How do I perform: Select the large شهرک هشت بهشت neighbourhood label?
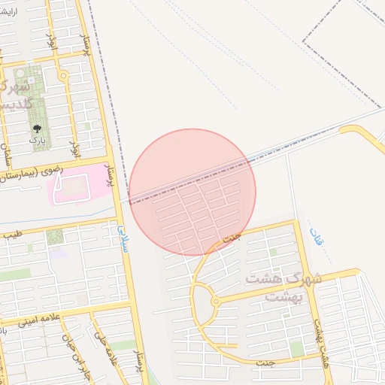point(283,287)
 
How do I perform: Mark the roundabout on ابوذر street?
point(63,76)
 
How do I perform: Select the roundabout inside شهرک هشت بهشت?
point(216,302)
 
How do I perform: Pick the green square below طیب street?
point(54,237)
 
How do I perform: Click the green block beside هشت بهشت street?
point(298,349)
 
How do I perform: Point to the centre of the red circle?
point(192,192)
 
